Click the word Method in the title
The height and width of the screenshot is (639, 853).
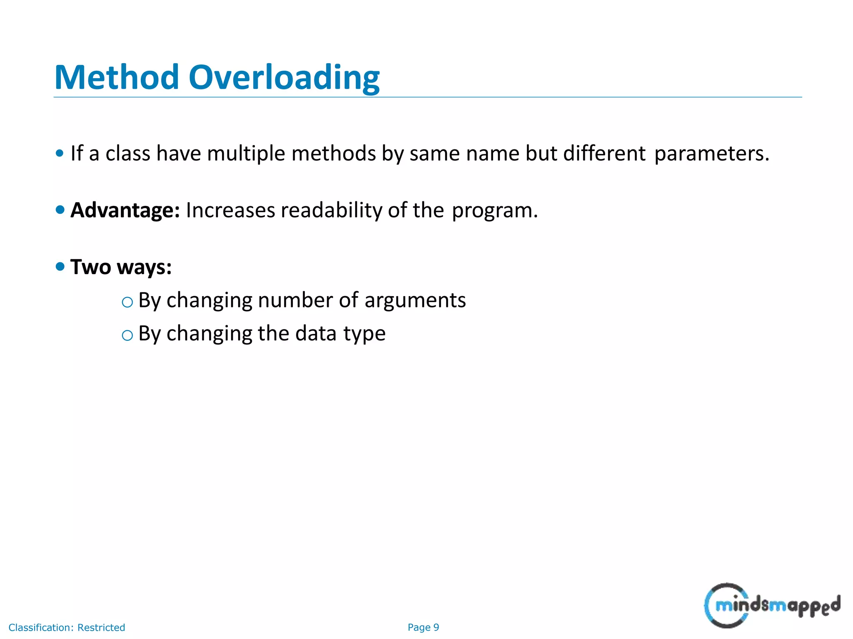pos(117,77)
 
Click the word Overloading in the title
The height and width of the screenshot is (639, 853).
pos(284,77)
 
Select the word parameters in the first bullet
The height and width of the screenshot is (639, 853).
pos(711,154)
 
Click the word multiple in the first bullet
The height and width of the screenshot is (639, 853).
pos(246,154)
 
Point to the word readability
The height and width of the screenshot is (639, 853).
pos(332,210)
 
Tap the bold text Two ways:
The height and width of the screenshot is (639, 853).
pos(121,267)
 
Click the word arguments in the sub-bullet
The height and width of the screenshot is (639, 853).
pos(415,300)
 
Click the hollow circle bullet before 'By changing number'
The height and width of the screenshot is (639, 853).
pos(127,302)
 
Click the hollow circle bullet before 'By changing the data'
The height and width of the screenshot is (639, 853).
pos(127,335)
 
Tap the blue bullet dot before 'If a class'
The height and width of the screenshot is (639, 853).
pos(60,153)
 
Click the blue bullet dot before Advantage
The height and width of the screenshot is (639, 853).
pos(60,210)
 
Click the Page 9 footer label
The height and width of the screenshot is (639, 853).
pos(423,627)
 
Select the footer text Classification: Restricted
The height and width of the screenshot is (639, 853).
pos(67,627)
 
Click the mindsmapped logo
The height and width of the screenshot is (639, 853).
pos(772,605)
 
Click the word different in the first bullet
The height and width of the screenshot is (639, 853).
pos(604,154)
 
